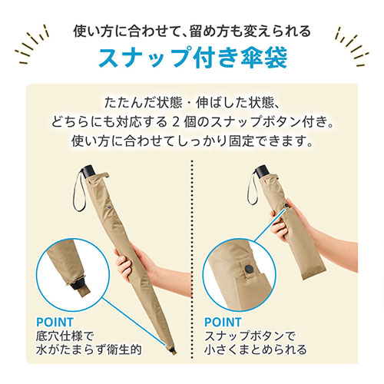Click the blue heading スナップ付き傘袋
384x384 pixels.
point(193,57)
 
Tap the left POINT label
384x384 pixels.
point(55,322)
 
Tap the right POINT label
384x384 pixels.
point(223,322)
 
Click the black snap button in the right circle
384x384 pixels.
point(249,269)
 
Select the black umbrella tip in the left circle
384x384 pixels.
point(78,285)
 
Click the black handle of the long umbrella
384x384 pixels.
point(87,171)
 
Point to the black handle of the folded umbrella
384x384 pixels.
point(262,170)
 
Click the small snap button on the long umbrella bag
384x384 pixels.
point(110,207)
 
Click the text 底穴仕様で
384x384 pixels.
point(65,336)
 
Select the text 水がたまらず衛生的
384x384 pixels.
point(88,349)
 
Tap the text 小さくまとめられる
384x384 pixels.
point(255,349)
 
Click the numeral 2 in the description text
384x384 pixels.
point(175,122)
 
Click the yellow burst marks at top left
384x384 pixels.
point(32,44)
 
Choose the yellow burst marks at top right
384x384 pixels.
point(352,46)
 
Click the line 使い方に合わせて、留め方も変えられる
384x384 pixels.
point(192,31)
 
